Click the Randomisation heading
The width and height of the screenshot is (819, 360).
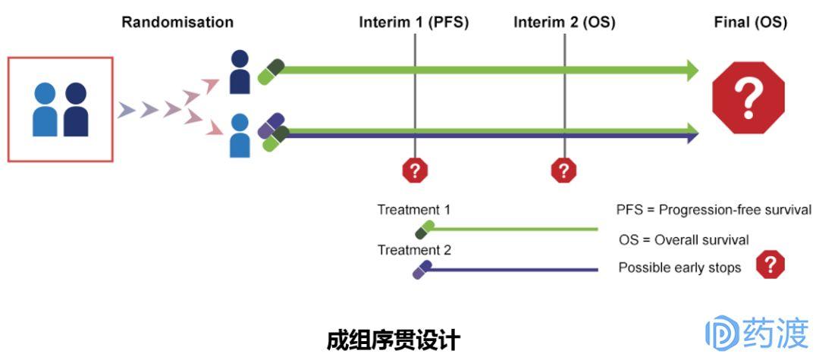pyautogui.click(x=177, y=22)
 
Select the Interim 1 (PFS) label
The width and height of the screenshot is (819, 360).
pyautogui.click(x=414, y=22)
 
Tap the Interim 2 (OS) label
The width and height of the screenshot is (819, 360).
pyautogui.click(x=564, y=22)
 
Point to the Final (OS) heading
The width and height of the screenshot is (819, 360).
pyautogui.click(x=750, y=22)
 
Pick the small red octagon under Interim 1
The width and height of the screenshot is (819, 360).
pyautogui.click(x=415, y=171)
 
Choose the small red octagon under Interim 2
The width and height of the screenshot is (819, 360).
pyautogui.click(x=563, y=171)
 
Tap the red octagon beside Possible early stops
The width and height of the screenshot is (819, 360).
pyautogui.click(x=770, y=264)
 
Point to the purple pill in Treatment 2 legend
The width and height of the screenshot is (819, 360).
pyautogui.click(x=422, y=269)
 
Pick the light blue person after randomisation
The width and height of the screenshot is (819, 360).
pyautogui.click(x=240, y=136)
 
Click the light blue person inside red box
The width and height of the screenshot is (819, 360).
pyautogui.click(x=45, y=110)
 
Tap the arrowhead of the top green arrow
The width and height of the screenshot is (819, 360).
pyautogui.click(x=692, y=70)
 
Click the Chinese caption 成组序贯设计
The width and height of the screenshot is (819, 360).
pyautogui.click(x=393, y=340)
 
